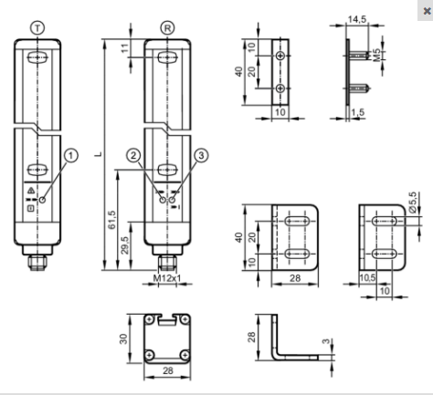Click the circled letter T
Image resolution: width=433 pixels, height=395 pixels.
point(37,28)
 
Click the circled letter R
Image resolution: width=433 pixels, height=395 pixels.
point(167,28)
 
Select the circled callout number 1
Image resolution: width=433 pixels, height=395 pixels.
point(71,155)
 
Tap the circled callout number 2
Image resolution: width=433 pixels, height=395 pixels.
point(133,155)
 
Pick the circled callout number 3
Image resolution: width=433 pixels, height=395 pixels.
point(201,155)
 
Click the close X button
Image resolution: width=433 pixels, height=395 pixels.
point(427,11)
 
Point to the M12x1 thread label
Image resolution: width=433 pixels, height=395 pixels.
point(167,278)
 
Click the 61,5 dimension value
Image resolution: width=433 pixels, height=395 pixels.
point(111,220)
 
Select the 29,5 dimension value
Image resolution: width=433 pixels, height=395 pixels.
point(125,245)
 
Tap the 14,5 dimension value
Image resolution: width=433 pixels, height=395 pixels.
point(357,19)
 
